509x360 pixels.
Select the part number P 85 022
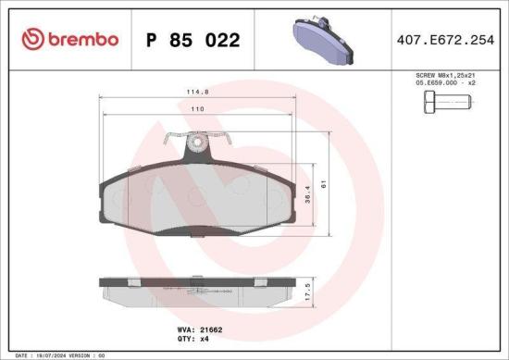(193, 40)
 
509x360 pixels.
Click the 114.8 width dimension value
(194, 91)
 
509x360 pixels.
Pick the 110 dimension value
(195, 109)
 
